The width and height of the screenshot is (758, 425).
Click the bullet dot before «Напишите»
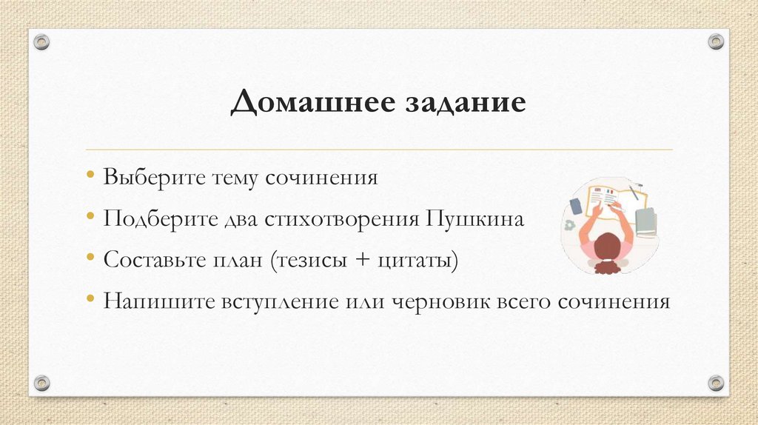pos(90,301)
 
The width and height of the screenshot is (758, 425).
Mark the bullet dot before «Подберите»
pos(90,219)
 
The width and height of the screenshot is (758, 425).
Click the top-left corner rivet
pos(41,41)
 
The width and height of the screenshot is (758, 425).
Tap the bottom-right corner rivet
pos(716,383)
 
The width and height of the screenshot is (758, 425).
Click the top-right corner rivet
pos(716,41)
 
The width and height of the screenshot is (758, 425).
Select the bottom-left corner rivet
pos(41,383)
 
